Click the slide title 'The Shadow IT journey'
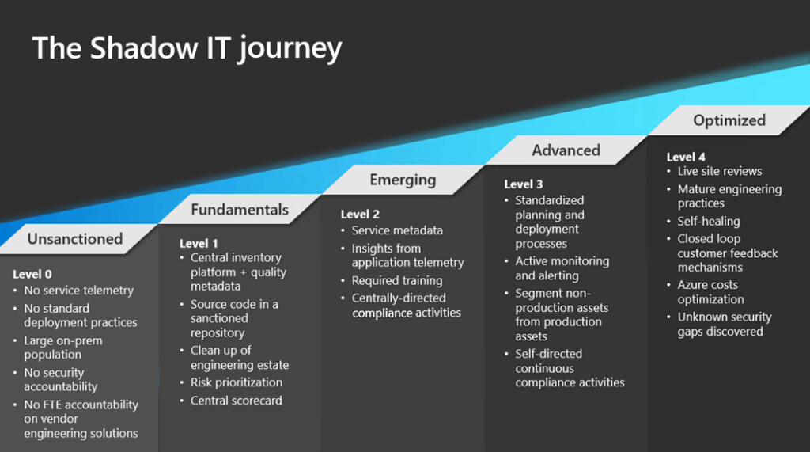tap(187, 48)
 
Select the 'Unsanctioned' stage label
tap(75, 238)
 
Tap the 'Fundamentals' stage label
tap(240, 210)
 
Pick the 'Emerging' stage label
tap(403, 180)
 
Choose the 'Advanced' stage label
tap(566, 150)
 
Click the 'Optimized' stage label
tap(729, 120)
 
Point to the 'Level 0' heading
tap(32, 274)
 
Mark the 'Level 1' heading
tap(199, 243)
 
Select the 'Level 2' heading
tap(360, 214)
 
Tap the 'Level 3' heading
tap(524, 184)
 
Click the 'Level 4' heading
tap(686, 157)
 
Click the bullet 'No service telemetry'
tap(78, 291)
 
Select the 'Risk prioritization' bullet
tap(237, 382)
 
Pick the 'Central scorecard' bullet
tap(236, 401)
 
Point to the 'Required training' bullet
tap(397, 280)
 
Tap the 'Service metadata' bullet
tap(397, 230)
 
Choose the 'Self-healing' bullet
tap(709, 221)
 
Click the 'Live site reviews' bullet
tap(720, 171)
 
